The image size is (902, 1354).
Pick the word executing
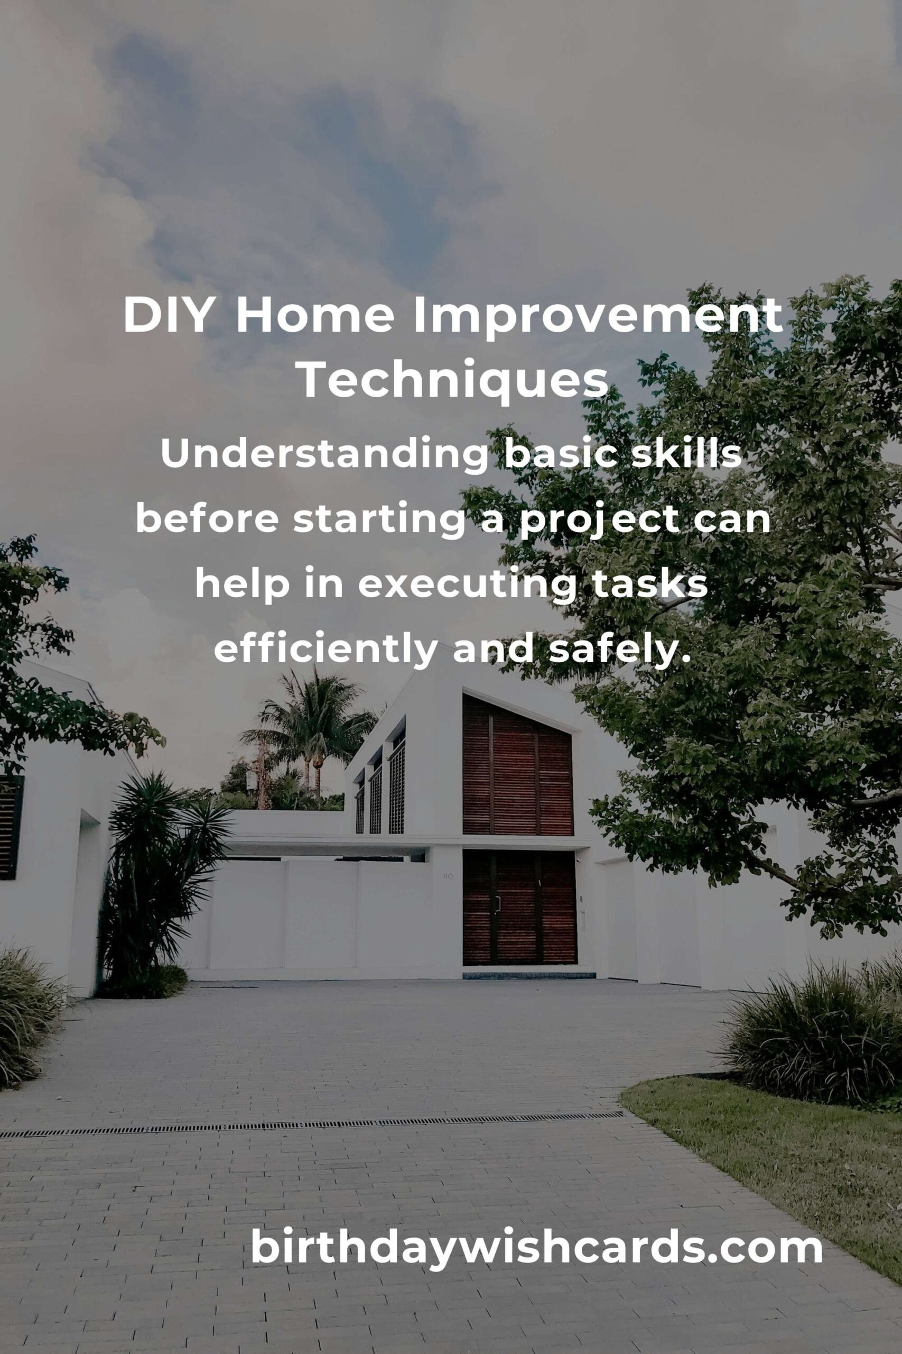(x=467, y=586)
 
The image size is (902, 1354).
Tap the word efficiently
(x=326, y=651)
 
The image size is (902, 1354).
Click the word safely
(x=618, y=651)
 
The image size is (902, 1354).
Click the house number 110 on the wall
(x=448, y=876)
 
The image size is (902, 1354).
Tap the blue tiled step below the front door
(x=528, y=975)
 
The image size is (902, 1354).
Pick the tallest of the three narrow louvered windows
(x=396, y=783)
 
